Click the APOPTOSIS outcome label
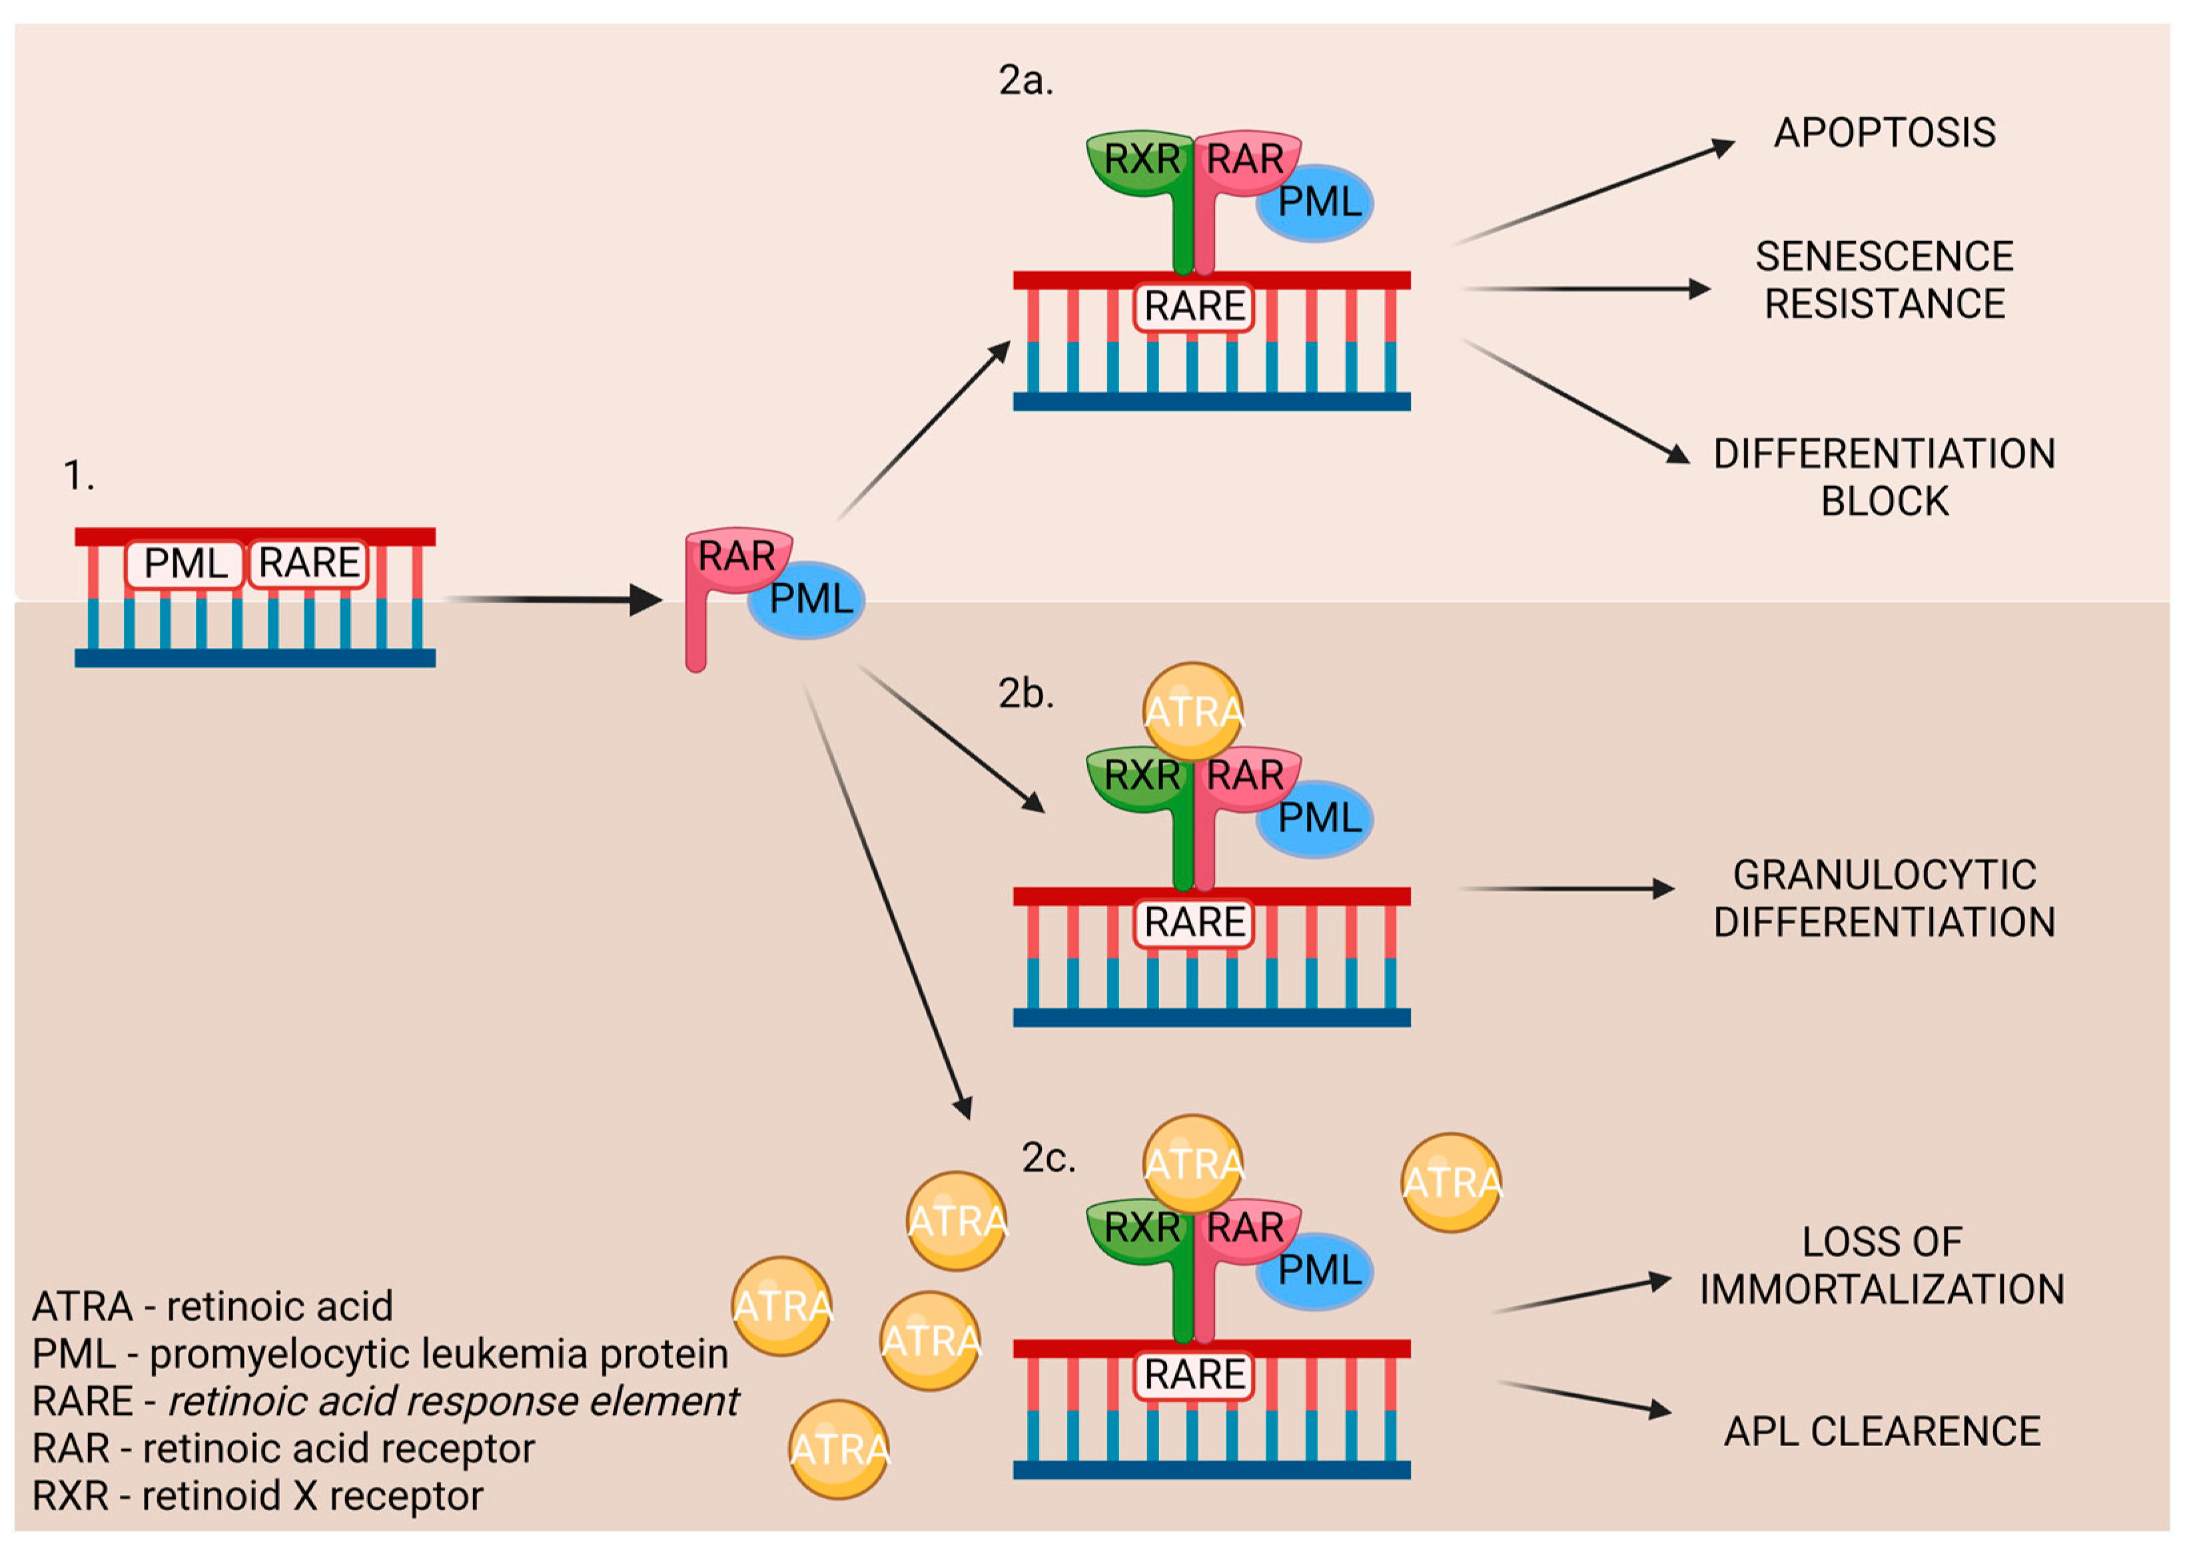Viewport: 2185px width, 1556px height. point(1883,132)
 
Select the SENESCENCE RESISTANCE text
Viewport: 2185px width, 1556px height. point(1883,280)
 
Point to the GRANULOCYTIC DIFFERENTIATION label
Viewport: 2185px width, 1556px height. point(1883,898)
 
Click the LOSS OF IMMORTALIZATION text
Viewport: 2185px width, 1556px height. point(1881,1265)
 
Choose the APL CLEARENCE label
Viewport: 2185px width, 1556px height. point(1881,1430)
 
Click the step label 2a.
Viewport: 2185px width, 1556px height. point(1025,81)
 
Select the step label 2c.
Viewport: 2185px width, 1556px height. point(1047,1157)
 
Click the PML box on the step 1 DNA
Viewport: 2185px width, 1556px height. point(185,563)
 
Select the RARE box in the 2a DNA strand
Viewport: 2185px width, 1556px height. point(1193,306)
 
